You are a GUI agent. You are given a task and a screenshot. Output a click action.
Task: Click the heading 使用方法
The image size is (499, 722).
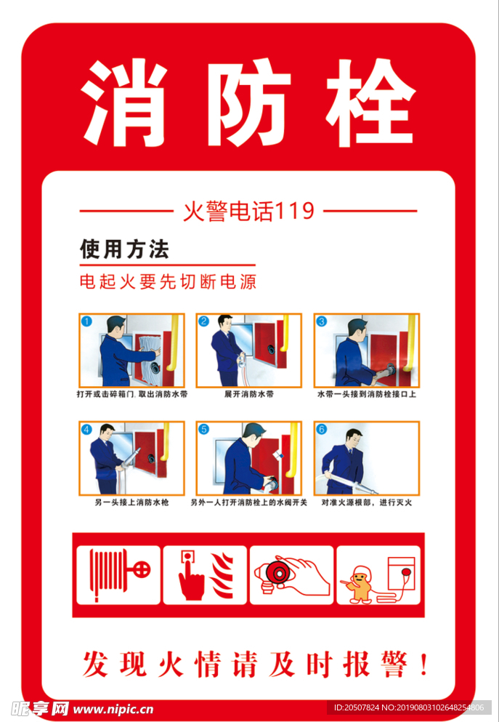click(x=124, y=250)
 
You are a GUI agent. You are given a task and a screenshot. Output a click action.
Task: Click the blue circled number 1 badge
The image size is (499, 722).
click(x=86, y=321)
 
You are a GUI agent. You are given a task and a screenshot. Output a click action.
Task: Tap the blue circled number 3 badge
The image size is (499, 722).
click(x=322, y=321)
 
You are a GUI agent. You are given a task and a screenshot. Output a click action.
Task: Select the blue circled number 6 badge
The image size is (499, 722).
click(x=322, y=429)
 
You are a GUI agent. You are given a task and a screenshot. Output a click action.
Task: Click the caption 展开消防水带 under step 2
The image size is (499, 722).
click(x=248, y=395)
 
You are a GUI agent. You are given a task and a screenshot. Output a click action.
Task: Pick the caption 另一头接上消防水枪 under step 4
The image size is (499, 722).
click(x=131, y=502)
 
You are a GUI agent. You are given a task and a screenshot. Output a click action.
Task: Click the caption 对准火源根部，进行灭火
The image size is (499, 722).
click(x=367, y=502)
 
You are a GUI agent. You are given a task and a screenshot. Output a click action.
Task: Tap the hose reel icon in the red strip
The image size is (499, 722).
click(x=118, y=575)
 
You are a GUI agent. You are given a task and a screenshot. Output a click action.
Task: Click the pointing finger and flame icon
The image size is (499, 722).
click(x=205, y=575)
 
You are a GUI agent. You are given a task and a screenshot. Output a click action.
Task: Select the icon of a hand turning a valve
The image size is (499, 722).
click(x=291, y=575)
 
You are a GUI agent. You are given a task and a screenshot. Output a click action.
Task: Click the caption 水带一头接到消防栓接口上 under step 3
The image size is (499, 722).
click(x=367, y=395)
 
